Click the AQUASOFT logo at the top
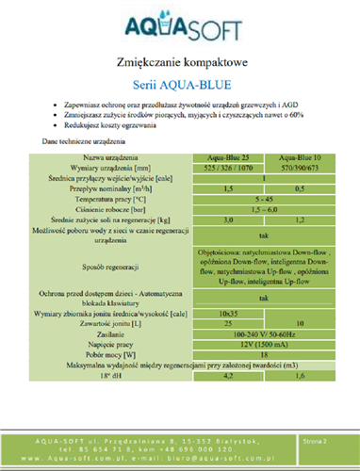pos(179,22)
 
